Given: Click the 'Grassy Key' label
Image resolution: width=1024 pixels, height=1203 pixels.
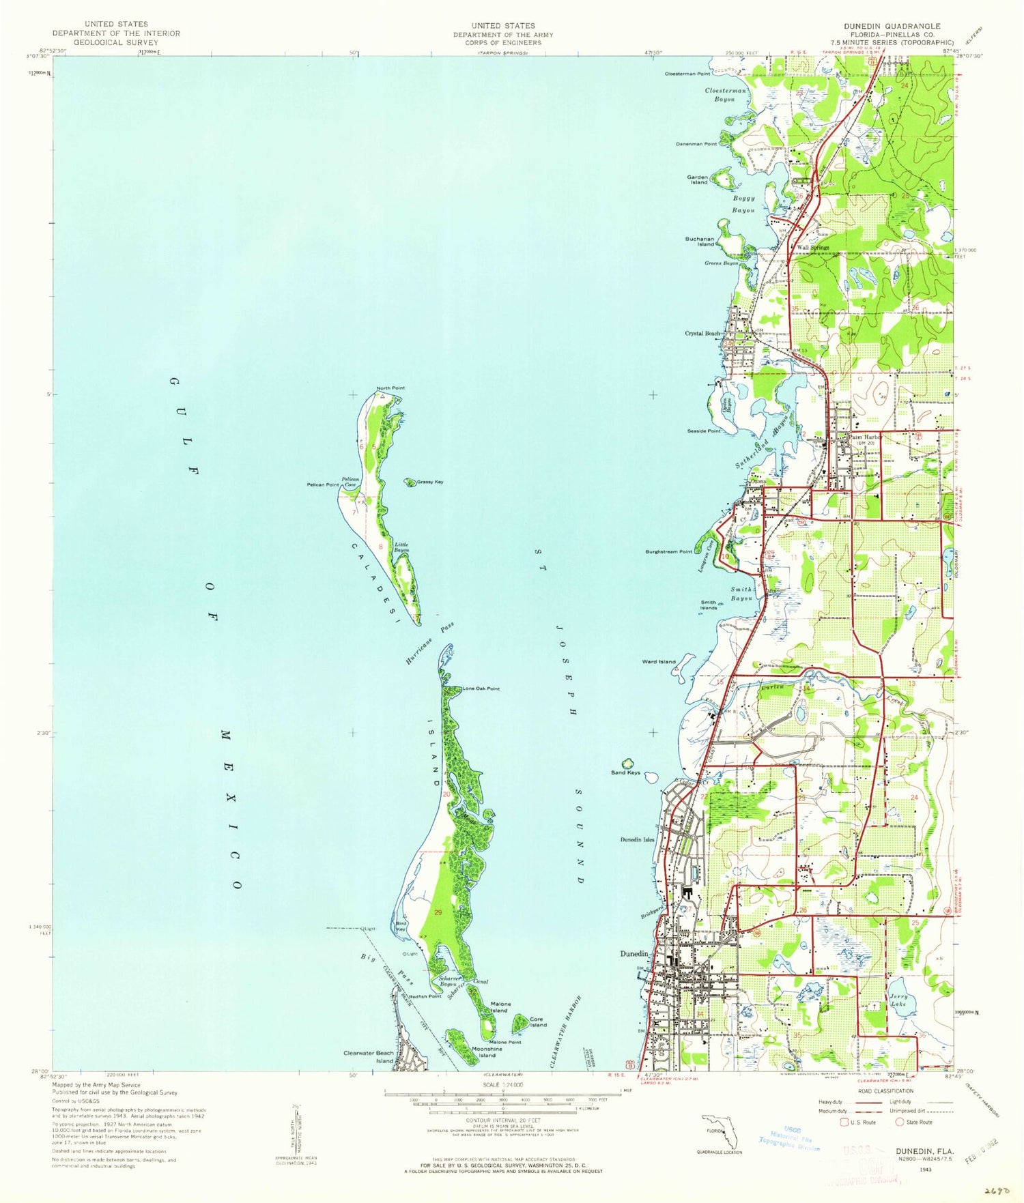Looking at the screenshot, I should (430, 482).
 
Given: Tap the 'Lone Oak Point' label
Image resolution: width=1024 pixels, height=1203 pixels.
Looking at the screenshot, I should (481, 689).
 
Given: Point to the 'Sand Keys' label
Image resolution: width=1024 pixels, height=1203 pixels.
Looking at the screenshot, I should (625, 772).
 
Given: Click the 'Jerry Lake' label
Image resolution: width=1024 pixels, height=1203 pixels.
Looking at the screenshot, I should (898, 1000).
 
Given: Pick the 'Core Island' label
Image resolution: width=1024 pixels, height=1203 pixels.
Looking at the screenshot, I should (538, 1021).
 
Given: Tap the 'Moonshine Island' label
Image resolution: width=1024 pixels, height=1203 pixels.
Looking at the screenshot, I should (487, 1052).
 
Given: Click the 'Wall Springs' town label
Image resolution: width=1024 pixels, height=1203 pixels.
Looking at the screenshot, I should (812, 248).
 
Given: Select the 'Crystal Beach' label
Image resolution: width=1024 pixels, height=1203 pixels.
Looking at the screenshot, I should (702, 333).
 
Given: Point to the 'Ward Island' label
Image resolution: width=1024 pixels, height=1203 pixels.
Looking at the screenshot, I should (658, 661).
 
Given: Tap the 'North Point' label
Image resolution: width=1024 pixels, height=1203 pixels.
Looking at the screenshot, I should (390, 388).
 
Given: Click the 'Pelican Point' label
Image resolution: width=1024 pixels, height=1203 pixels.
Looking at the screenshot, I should (323, 484).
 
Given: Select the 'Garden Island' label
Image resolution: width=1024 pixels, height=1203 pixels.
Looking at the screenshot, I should (697, 179).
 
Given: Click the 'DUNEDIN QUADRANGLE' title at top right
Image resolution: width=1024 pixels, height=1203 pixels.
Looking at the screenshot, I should (892, 26).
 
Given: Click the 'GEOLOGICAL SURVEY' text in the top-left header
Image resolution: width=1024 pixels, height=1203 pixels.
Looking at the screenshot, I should (117, 42).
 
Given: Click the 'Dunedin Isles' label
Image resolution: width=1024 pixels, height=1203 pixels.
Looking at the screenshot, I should (637, 839).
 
